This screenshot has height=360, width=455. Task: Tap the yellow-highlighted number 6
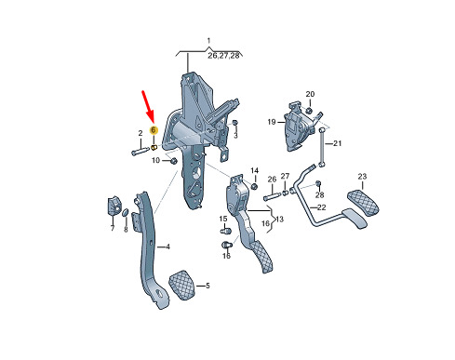(154, 130)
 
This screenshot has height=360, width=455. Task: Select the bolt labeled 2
(141, 152)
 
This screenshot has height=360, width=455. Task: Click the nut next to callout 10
(174, 161)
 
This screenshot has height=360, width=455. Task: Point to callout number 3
(235, 136)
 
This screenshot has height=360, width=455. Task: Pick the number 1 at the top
(208, 41)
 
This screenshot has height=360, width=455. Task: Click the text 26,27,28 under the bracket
(223, 56)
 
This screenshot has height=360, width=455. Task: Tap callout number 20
(310, 94)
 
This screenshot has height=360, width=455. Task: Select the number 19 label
(272, 122)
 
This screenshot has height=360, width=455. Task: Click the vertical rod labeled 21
(322, 146)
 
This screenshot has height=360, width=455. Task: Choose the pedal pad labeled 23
(363, 203)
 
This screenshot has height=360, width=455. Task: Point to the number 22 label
(322, 207)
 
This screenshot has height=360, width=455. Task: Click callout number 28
(319, 194)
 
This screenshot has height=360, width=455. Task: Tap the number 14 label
(254, 170)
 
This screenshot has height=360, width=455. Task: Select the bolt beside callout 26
(272, 196)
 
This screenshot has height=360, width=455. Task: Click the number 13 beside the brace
(279, 220)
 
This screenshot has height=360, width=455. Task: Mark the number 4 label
(167, 247)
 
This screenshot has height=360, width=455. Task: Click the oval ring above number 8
(126, 212)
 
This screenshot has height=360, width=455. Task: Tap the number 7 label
(113, 228)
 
